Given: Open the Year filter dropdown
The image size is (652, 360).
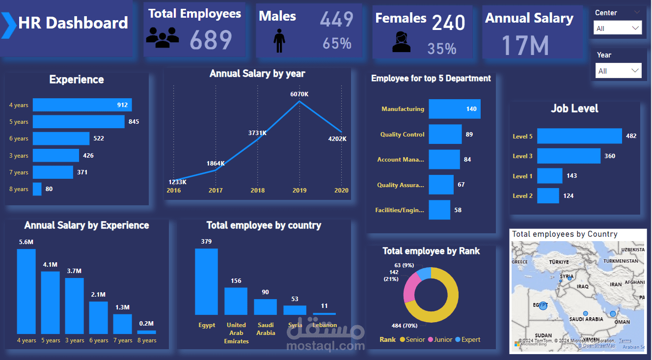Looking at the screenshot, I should coord(619,71).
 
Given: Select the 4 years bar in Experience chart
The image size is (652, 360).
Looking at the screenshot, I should coord(82,105).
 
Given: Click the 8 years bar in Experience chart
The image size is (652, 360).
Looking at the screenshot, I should coord(37,189).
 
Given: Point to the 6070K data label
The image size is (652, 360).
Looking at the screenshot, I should coord(299,94).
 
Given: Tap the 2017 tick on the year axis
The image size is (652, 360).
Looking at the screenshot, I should coord(216,191).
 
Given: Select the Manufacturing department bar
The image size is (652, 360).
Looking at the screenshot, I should coord(454,109).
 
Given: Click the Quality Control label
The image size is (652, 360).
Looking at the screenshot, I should coord(402,135).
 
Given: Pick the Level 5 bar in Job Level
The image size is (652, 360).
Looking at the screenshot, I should coord(579,136).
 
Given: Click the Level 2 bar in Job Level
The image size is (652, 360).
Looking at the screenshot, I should coord(548,196).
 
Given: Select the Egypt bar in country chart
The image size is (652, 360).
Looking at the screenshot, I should coord(206,281).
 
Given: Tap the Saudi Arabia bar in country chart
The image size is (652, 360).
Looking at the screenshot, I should coord(265,307).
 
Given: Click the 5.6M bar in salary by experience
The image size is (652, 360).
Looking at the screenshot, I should coord(26,291).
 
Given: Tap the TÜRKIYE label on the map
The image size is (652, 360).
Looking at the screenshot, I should coord(559,262).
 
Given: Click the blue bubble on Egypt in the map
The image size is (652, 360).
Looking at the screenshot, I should coord(543,305).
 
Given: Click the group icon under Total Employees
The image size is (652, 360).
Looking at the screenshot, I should coord(163,38).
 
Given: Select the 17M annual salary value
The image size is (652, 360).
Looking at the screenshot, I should coord(524,45).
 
